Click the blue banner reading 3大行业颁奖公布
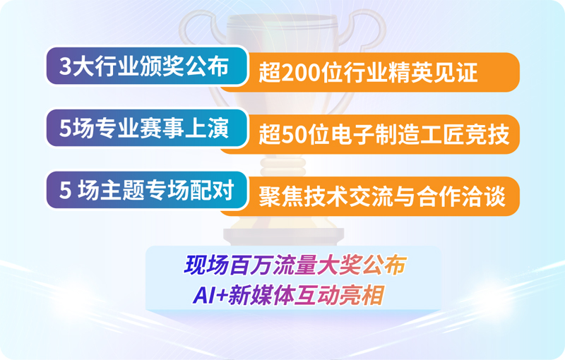point(147,66)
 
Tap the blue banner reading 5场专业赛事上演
point(147,128)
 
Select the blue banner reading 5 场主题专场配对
point(147,190)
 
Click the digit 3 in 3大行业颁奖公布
point(65,66)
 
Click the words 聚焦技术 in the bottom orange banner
point(303,196)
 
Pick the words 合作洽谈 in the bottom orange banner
point(461,196)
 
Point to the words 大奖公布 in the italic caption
point(362,265)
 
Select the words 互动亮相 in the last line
point(339,296)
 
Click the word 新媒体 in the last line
point(261,296)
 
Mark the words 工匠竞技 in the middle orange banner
point(465,135)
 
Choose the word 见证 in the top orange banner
point(456,73)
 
